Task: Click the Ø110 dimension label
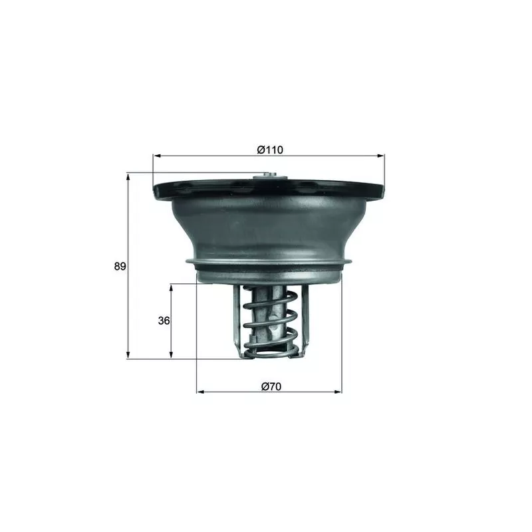[x=270, y=150]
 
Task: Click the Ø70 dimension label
[x=269, y=385]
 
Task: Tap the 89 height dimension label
[x=120, y=267]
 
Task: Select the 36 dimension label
[x=164, y=321]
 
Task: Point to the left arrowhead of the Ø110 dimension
[x=157, y=156]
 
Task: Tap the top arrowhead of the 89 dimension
[x=127, y=177]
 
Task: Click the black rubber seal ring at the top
[x=199, y=190]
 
